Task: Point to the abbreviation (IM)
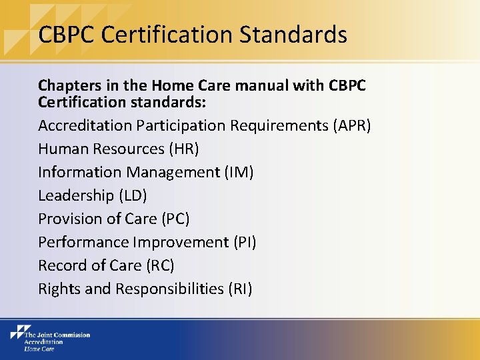[239, 172]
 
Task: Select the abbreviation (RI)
[239, 289]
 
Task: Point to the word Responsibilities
[169, 289]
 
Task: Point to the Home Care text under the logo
[39, 348]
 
